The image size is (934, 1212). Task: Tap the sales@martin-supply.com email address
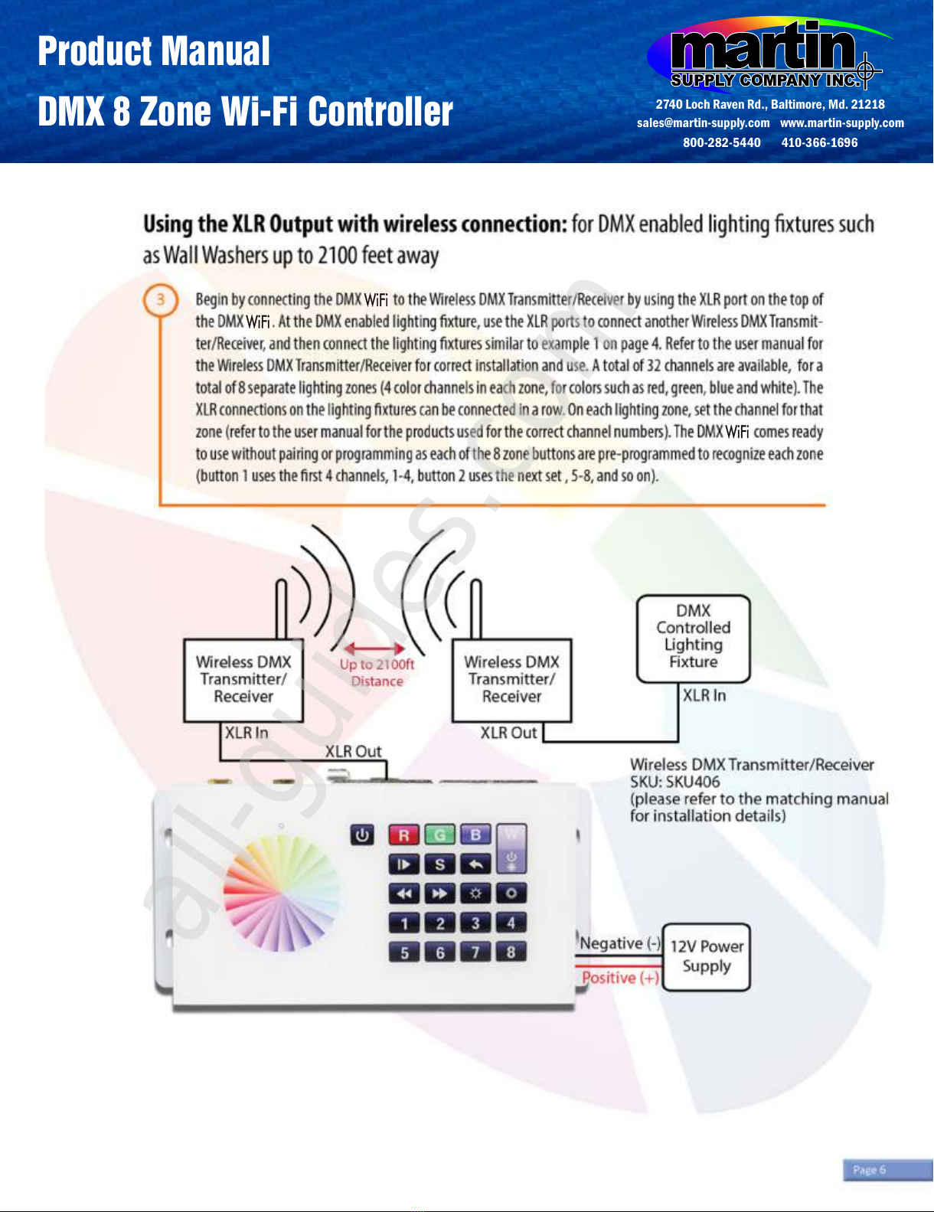tap(703, 123)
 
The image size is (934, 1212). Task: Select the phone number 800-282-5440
tap(721, 142)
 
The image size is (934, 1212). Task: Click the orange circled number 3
tap(161, 300)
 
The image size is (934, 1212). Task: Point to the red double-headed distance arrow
tap(374, 648)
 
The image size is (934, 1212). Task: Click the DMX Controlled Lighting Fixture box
tap(693, 638)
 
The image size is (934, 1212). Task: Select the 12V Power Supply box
tap(706, 956)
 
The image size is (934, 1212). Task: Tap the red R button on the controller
tap(403, 835)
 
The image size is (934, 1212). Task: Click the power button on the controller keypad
tap(362, 835)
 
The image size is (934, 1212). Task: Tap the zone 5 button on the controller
tap(404, 952)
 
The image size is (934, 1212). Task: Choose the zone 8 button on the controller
tap(511, 952)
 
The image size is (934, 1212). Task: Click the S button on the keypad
tap(439, 864)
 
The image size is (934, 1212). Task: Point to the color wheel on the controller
tap(281, 893)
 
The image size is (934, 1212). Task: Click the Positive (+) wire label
tap(620, 978)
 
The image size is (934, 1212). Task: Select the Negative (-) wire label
tap(620, 943)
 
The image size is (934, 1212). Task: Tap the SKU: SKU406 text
tap(674, 782)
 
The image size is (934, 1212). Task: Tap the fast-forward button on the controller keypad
tap(439, 893)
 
